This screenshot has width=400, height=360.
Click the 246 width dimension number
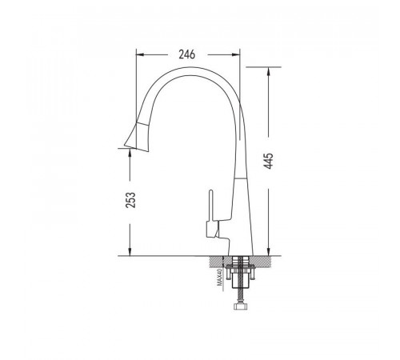click(x=187, y=54)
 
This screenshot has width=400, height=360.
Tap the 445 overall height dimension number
click(x=269, y=161)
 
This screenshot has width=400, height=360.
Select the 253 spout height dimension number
click(x=130, y=200)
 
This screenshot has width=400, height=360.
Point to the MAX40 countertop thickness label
click(x=220, y=277)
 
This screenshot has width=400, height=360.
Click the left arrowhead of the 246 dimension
click(x=140, y=54)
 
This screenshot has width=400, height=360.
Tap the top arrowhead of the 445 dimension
click(x=269, y=72)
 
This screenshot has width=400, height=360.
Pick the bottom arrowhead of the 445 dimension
click(x=269, y=251)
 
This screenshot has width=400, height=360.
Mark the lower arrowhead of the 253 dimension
click(x=130, y=251)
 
